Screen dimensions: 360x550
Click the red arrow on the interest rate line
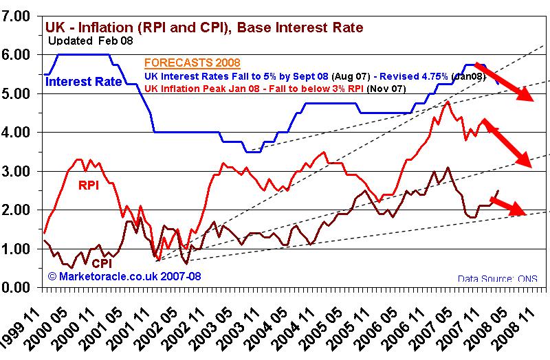pyautogui.click(x=505, y=81)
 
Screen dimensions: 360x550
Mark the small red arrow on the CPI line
pyautogui.click(x=508, y=205)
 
